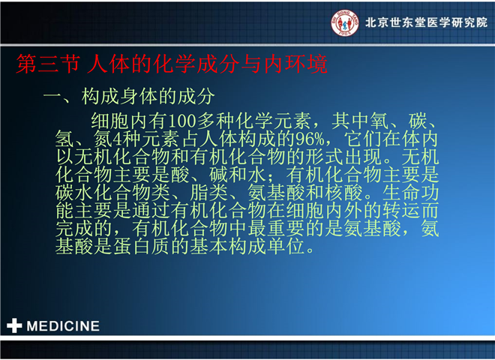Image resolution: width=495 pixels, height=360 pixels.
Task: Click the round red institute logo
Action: [345, 22]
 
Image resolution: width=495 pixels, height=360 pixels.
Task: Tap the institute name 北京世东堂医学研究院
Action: [427, 22]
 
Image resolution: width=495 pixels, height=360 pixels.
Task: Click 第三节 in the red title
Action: [48, 64]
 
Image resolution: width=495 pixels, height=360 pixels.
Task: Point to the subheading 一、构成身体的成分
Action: [129, 96]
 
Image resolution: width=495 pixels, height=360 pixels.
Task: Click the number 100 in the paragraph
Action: [183, 121]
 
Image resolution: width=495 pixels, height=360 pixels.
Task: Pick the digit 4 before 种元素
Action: [117, 139]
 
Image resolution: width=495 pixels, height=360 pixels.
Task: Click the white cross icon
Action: [14, 325]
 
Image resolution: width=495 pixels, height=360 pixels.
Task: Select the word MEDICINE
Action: [63, 326]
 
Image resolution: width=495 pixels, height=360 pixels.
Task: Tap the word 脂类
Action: [208, 193]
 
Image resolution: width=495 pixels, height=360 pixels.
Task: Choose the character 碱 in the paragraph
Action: [218, 175]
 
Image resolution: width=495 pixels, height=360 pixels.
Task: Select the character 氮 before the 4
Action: [103, 139]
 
